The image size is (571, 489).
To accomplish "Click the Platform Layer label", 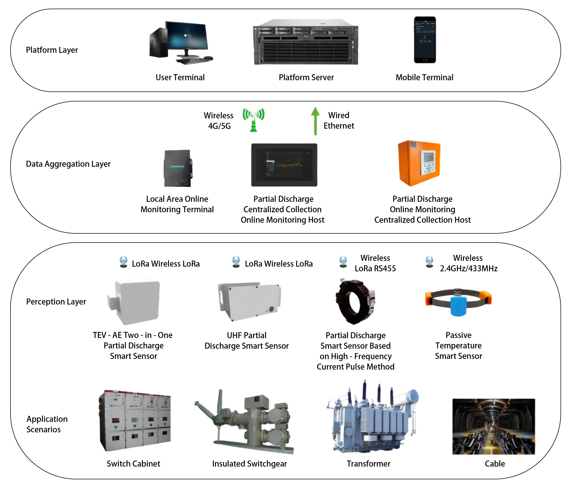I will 52,50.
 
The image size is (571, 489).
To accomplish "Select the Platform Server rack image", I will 306,42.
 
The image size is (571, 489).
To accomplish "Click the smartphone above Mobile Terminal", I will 425,40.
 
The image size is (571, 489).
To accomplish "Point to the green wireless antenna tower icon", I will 254,120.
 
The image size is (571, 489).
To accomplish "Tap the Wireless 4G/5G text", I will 219,120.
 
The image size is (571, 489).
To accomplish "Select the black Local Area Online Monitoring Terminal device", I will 178,168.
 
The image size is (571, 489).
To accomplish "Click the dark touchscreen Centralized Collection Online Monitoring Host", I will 284,165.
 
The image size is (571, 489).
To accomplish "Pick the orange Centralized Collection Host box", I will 419,163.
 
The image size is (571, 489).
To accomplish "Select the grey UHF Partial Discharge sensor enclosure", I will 250,301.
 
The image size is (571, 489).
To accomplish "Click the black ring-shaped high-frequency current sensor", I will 355,301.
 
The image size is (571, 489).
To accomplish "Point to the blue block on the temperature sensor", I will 458,306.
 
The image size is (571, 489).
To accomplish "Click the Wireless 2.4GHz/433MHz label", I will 468,263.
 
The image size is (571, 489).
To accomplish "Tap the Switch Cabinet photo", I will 135,420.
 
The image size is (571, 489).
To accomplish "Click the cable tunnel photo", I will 493,426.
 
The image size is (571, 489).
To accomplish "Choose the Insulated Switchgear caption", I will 249,464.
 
